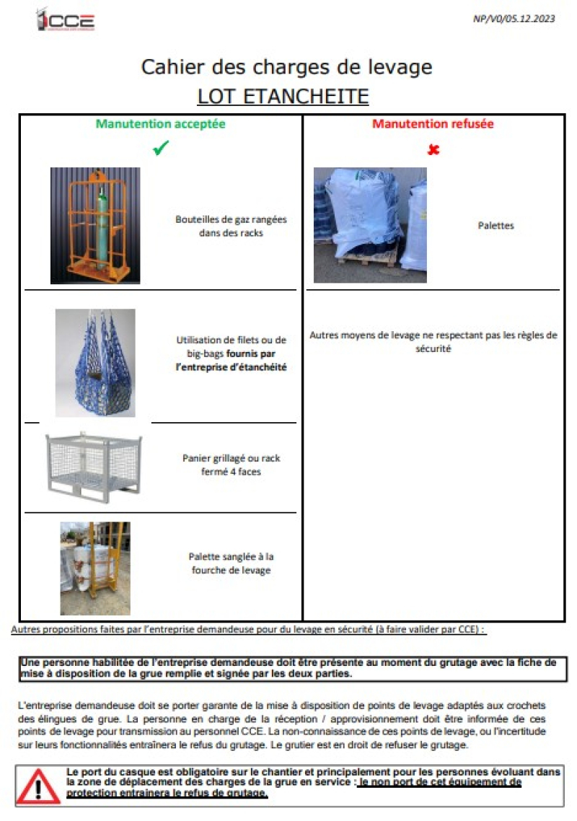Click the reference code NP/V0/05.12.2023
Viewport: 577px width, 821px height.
(514, 19)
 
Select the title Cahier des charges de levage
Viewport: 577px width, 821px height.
(286, 68)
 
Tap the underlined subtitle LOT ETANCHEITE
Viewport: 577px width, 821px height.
(283, 97)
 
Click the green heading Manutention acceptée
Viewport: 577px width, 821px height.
(161, 124)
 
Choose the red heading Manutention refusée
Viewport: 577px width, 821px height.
(433, 124)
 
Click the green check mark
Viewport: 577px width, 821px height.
(161, 149)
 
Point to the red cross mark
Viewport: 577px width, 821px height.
(433, 150)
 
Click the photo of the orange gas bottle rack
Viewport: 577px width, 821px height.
(95, 225)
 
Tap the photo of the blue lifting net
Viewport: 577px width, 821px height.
(95, 363)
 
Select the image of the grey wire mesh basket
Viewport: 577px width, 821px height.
(93, 465)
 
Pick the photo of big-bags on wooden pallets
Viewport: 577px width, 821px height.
(370, 225)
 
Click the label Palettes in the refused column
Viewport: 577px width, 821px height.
(495, 226)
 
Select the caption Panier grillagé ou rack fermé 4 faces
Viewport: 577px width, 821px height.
(231, 465)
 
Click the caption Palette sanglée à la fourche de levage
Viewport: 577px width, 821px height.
(231, 563)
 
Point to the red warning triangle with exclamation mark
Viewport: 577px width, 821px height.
(39, 785)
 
